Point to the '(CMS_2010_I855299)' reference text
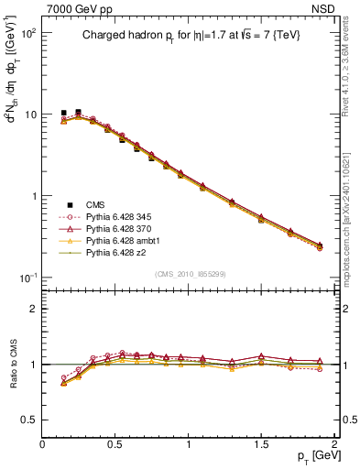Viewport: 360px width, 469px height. point(190,274)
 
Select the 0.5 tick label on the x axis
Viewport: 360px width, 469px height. point(115,442)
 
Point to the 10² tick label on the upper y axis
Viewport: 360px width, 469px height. point(27,33)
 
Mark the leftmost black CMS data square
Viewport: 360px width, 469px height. point(64,113)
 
